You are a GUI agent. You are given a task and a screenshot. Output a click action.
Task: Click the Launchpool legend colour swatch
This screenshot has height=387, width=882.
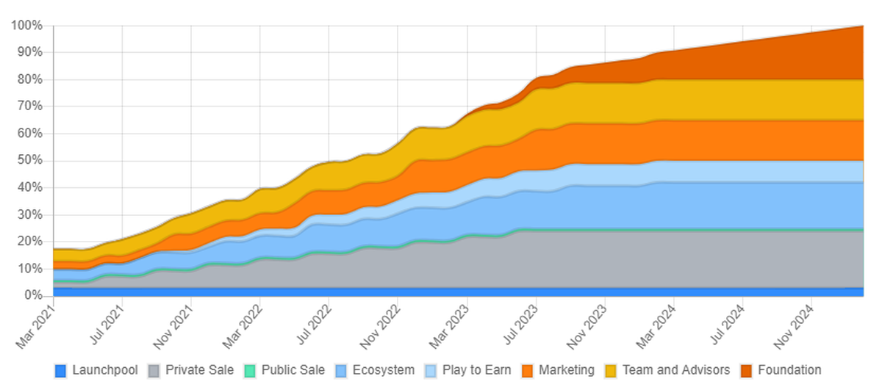pyautogui.click(x=62, y=371)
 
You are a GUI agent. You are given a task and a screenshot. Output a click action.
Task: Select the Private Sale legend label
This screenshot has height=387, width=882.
pyautogui.click(x=199, y=370)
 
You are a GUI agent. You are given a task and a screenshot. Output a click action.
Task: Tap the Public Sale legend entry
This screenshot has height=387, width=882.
pyautogui.click(x=293, y=370)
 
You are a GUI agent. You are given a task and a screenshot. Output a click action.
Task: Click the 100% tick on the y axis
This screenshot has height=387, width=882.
pyautogui.click(x=27, y=26)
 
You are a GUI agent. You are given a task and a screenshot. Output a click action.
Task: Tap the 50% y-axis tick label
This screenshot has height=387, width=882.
pyautogui.click(x=30, y=161)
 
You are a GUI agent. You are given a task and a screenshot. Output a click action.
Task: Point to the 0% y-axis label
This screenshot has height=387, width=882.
pyautogui.click(x=33, y=295)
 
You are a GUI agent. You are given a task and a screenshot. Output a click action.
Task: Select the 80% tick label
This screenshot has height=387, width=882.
pyautogui.click(x=30, y=79)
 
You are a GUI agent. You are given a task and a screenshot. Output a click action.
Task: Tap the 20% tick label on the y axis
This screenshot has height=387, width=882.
pyautogui.click(x=30, y=242)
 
